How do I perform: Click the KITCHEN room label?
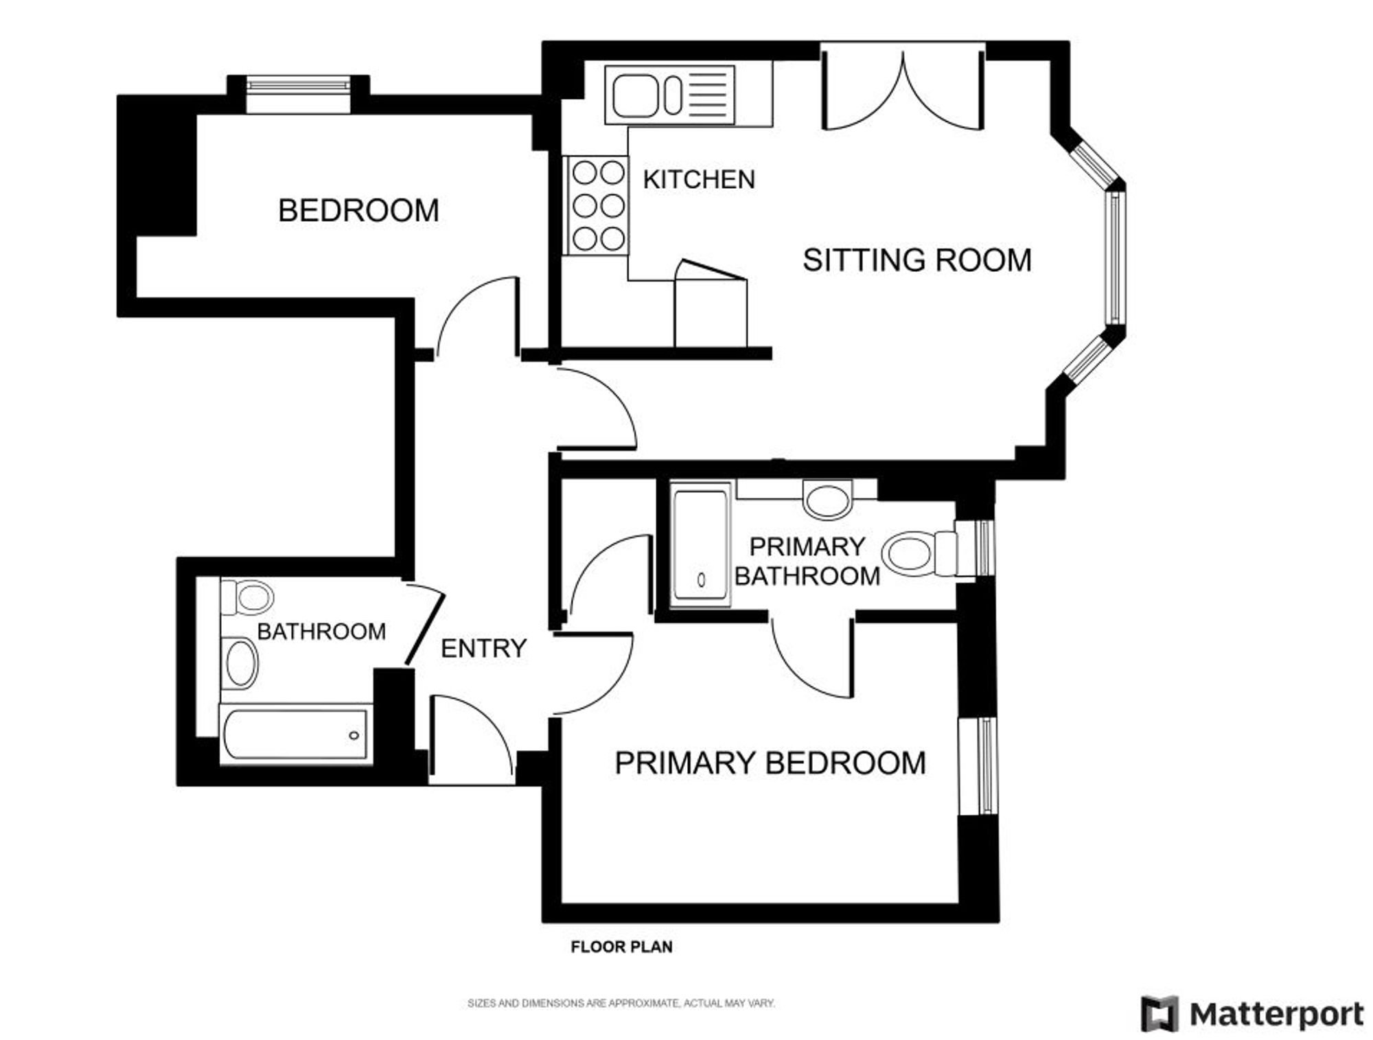(699, 179)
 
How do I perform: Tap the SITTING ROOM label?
(917, 260)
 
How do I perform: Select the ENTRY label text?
(483, 648)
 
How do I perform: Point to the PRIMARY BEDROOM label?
(770, 763)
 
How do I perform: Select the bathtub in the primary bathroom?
(700, 544)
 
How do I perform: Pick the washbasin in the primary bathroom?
(827, 499)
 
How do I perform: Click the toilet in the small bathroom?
(247, 597)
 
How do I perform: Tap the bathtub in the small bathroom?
(296, 734)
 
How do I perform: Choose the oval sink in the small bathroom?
(241, 662)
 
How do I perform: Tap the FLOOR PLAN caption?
(622, 947)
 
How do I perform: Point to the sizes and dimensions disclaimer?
(621, 1003)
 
